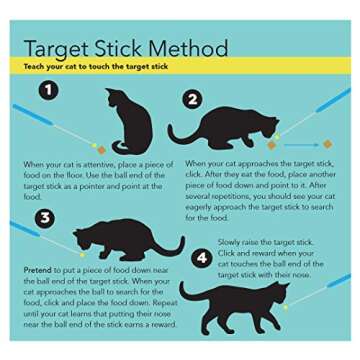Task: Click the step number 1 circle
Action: pyautogui.click(x=46, y=91)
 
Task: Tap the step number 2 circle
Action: pyautogui.click(x=193, y=98)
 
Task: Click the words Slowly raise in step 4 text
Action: pyautogui.click(x=238, y=243)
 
